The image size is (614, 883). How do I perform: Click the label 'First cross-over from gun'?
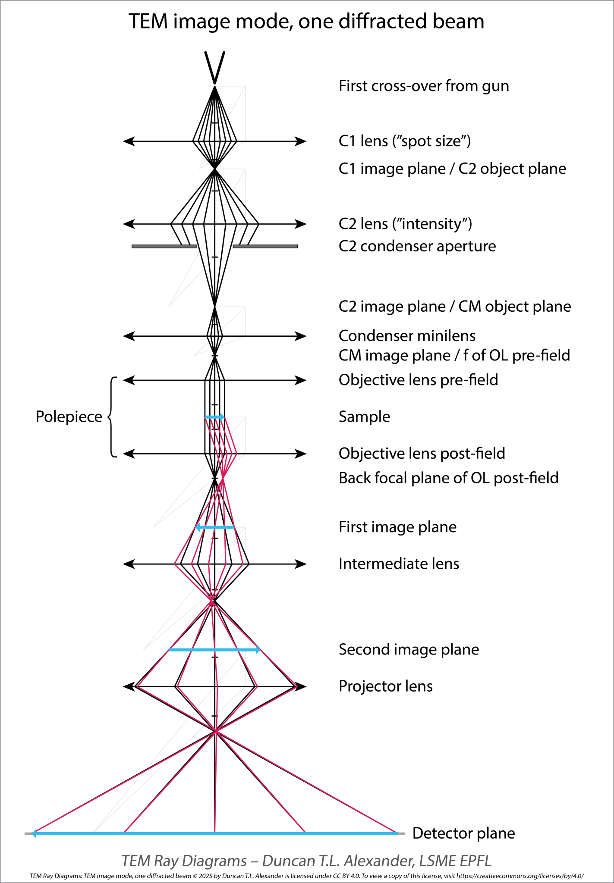tap(423, 86)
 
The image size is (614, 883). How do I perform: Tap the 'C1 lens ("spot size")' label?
tap(404, 141)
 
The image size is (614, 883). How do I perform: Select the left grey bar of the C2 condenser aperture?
tap(164, 246)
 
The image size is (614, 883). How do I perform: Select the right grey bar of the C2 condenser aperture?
tap(265, 246)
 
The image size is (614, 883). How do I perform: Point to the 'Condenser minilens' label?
tap(407, 336)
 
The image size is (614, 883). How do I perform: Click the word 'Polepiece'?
tap(69, 417)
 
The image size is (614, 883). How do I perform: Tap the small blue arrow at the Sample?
tap(214, 417)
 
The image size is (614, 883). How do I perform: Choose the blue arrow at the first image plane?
tap(215, 527)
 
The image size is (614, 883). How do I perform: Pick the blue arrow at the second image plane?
tap(214, 650)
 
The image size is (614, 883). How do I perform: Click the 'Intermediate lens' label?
tap(399, 564)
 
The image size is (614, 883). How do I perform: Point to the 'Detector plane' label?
tap(463, 833)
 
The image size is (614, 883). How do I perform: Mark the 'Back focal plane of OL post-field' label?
tap(448, 478)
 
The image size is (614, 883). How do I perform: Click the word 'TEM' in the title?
tap(148, 22)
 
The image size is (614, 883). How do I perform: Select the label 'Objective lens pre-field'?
tap(418, 380)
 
